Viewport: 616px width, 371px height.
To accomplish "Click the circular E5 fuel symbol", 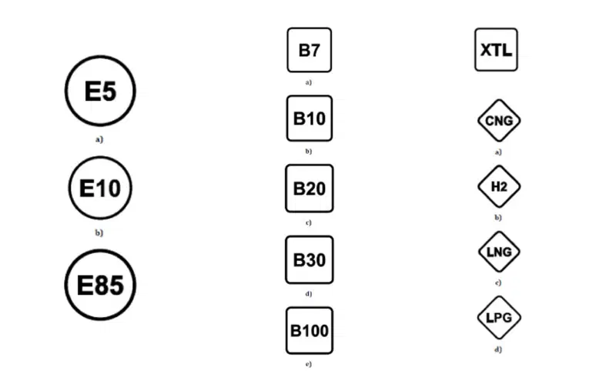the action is (x=100, y=91).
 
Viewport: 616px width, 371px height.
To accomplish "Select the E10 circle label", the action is (x=100, y=188).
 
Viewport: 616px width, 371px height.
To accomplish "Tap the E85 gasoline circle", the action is (x=100, y=285).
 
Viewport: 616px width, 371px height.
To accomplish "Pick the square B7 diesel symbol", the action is (x=310, y=50).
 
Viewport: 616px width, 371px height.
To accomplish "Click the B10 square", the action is (x=310, y=119).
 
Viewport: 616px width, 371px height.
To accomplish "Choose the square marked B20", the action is (x=310, y=189).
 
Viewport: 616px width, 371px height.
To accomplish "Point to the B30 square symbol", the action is (x=310, y=260).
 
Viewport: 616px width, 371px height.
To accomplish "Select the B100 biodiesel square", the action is (x=310, y=330).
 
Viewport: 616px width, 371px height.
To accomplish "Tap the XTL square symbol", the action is (x=496, y=49).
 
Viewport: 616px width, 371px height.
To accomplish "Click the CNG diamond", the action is (x=499, y=121).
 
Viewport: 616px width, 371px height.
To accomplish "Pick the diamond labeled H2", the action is (x=499, y=186).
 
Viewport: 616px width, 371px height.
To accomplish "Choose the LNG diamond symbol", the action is (x=499, y=252).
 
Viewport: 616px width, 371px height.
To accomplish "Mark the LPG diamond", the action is (x=499, y=318).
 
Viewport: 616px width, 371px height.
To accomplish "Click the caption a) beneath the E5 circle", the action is (x=99, y=139).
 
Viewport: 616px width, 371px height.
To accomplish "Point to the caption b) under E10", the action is (x=99, y=232).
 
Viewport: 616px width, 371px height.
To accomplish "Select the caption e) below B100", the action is (x=309, y=364).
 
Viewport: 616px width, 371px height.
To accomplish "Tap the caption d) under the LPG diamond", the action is (x=498, y=349).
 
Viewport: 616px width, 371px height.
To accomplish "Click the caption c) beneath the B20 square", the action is (x=309, y=222).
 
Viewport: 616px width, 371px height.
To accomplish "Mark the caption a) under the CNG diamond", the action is (x=498, y=152).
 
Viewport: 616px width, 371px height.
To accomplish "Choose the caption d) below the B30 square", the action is (x=309, y=294).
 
